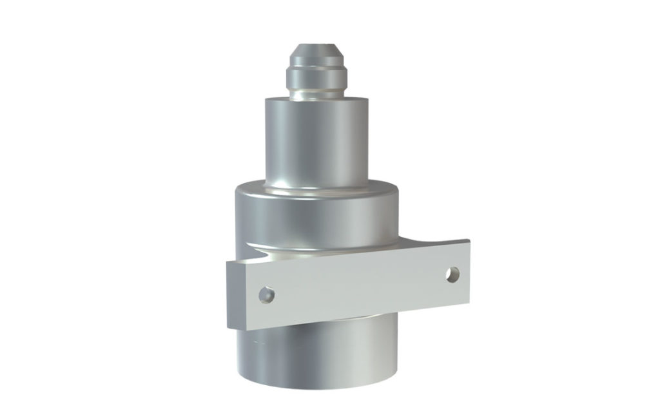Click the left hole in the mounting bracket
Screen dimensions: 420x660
pyautogui.click(x=266, y=296)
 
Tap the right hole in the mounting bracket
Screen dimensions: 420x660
pyautogui.click(x=454, y=273)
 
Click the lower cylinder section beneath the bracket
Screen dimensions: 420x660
pyautogui.click(x=316, y=354)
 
